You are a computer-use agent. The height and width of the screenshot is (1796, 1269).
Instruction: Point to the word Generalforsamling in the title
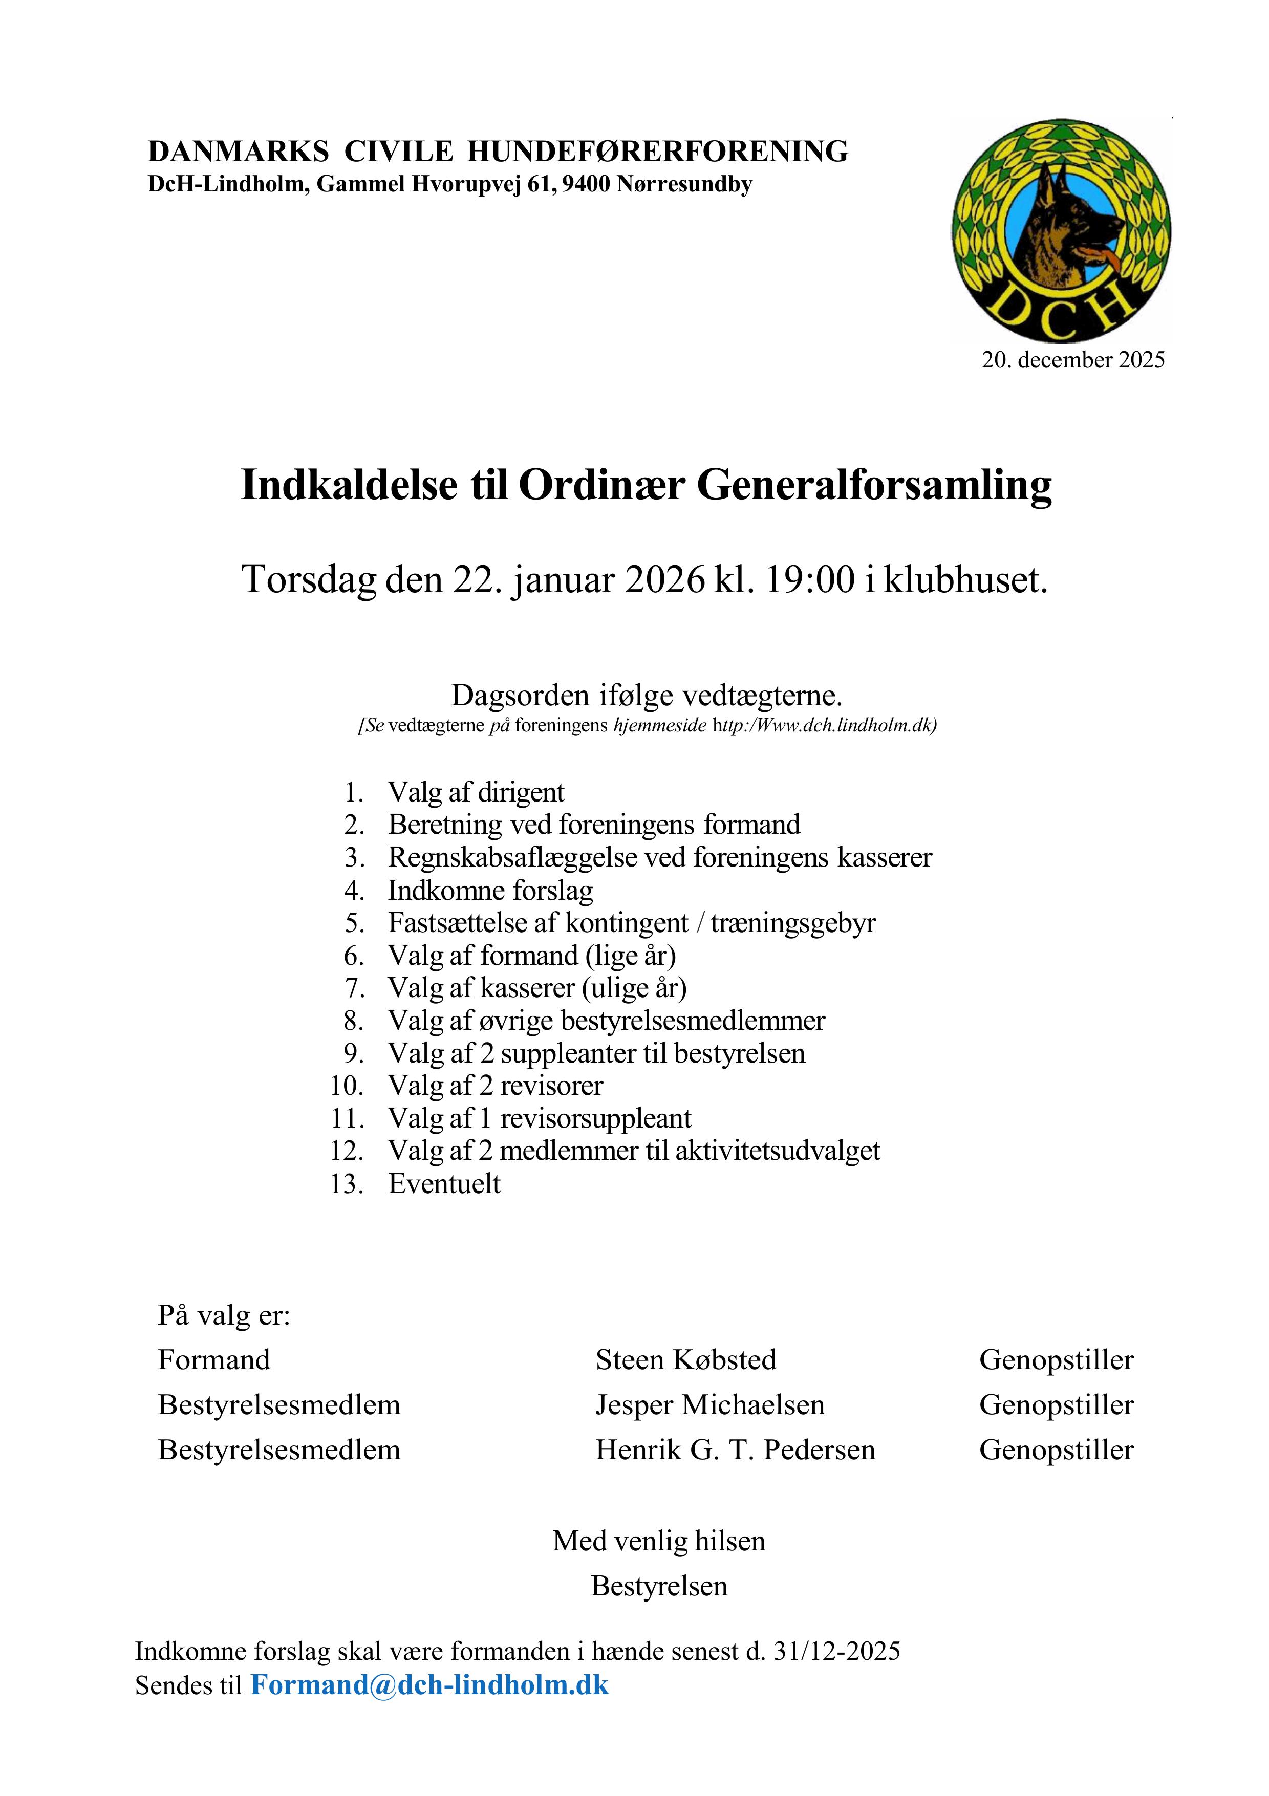pos(874,485)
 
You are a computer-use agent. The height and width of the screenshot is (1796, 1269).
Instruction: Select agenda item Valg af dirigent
pos(476,792)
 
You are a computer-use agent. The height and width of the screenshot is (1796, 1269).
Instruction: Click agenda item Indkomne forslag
pos(490,890)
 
